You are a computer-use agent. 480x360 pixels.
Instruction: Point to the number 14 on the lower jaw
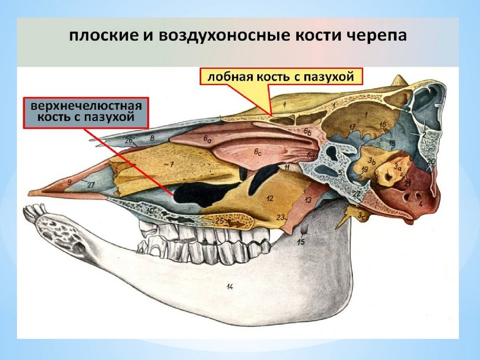(x=230, y=287)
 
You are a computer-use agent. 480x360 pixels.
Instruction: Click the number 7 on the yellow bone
(x=172, y=165)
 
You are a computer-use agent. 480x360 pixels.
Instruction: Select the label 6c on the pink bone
(x=257, y=152)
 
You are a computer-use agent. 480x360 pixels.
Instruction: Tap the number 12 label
(x=270, y=198)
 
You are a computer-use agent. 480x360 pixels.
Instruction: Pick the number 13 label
(x=308, y=200)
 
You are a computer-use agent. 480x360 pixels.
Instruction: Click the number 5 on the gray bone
(x=340, y=172)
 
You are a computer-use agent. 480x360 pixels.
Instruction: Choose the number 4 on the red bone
(x=420, y=204)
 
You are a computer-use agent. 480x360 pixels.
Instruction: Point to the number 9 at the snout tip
(x=69, y=181)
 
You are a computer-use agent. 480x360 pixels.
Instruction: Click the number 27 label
(x=90, y=186)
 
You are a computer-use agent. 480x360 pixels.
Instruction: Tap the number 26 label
(x=129, y=139)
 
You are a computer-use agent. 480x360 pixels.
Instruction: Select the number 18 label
(x=392, y=142)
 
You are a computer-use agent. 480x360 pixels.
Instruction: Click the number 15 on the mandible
(x=301, y=242)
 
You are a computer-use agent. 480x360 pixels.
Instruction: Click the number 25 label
(x=219, y=220)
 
